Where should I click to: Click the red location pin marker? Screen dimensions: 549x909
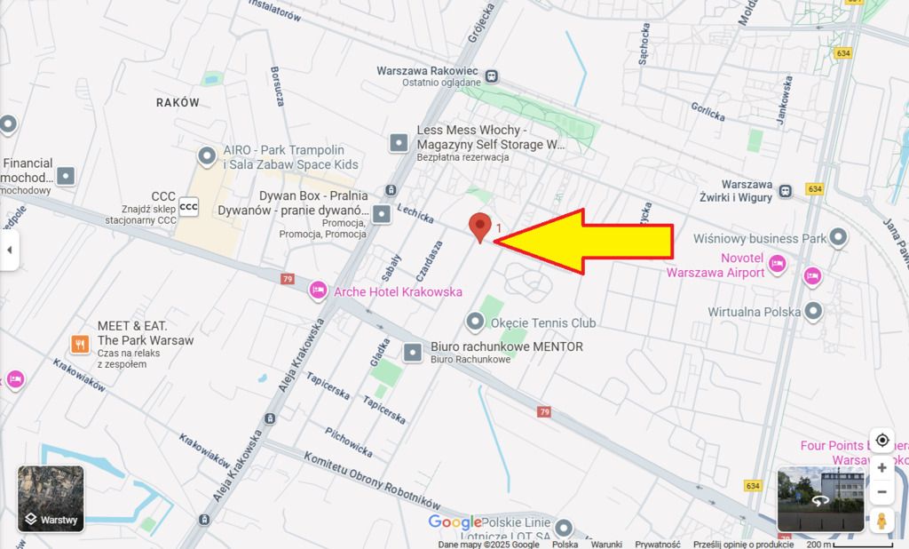480,227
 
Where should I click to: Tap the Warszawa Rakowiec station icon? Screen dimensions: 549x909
492,76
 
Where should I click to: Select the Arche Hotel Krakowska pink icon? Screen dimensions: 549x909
319,290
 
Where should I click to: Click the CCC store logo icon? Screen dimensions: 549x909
189,207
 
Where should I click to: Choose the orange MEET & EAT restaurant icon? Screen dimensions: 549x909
80,343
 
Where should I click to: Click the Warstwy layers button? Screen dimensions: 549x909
51,498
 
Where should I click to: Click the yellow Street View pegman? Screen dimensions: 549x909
881,521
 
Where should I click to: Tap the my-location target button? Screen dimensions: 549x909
881,441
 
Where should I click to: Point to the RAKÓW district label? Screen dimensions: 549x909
178,102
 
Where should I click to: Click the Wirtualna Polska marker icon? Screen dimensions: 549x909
813,311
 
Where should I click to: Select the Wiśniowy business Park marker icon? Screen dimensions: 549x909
837,238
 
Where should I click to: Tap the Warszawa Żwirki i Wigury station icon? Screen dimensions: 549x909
786,191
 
